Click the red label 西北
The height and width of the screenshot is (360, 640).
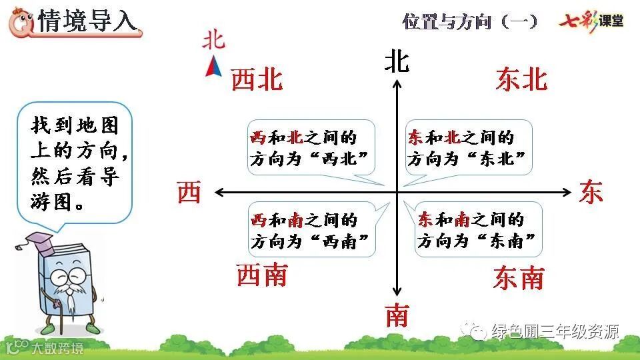(x=257, y=81)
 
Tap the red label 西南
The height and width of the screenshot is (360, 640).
(x=262, y=275)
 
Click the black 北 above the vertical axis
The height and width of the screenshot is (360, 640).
(x=397, y=62)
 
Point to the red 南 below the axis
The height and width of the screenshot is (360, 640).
(x=397, y=315)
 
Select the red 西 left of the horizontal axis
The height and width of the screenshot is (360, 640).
(x=189, y=193)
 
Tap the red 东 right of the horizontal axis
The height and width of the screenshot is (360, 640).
(x=591, y=192)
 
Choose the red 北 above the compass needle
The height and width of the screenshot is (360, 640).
(x=214, y=41)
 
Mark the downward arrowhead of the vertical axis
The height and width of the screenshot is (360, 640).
(x=397, y=292)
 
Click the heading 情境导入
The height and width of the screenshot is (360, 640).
(x=88, y=21)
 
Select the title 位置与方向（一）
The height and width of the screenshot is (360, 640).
(x=470, y=21)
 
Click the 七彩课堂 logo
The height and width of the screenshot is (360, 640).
(x=591, y=21)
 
